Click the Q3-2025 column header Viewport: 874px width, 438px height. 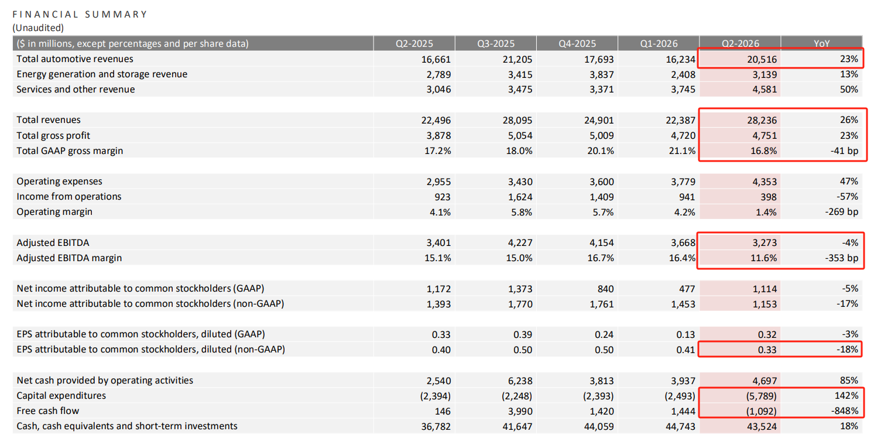pos(495,43)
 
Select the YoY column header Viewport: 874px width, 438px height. pos(821,43)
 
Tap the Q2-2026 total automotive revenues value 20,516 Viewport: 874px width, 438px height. pos(762,59)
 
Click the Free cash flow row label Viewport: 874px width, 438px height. pos(47,410)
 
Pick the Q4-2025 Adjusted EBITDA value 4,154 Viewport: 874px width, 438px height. pos(601,243)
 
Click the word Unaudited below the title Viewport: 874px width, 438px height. pos(38,28)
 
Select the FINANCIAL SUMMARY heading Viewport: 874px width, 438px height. pos(80,15)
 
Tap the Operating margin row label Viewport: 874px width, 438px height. pos(54,211)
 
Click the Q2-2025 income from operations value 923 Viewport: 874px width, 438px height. pos(443,197)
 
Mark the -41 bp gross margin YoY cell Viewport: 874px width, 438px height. pos(844,151)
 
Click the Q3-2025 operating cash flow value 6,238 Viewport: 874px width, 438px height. pos(520,381)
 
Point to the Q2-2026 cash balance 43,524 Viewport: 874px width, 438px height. pos(762,426)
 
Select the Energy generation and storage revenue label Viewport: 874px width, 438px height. pos(102,74)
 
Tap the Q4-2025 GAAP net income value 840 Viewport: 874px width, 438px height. pos(605,289)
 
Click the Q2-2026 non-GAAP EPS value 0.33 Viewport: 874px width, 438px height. pos(767,350)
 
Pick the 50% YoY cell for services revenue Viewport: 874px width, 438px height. pos(849,90)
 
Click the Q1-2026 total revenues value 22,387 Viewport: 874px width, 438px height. pos(680,120)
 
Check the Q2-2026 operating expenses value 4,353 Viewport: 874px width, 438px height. pos(765,182)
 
